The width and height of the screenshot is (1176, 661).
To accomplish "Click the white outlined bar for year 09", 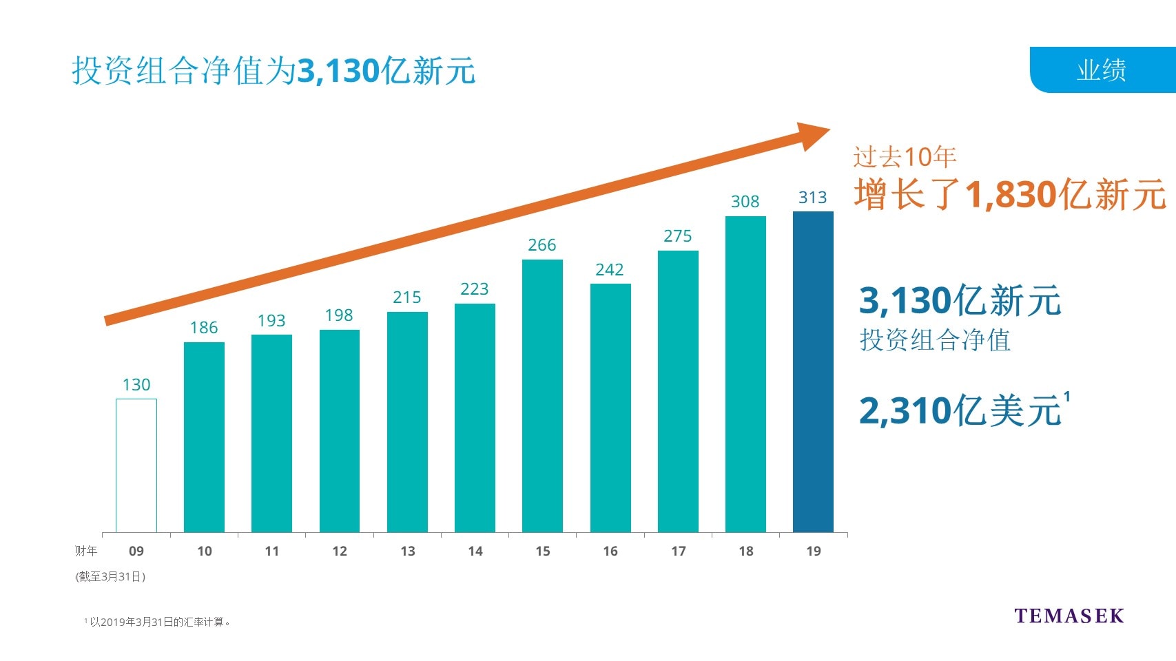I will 136,465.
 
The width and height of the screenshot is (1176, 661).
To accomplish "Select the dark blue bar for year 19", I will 813,372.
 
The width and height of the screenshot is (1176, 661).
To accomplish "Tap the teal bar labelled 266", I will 542,396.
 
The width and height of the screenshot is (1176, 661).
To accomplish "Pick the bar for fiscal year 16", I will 610,408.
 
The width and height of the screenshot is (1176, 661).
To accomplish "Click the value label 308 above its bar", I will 745,202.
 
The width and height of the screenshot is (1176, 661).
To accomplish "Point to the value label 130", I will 136,385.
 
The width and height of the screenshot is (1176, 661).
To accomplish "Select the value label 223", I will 475,289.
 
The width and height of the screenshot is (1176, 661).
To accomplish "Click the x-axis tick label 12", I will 340,552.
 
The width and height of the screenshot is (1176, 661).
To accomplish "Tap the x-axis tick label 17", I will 679,552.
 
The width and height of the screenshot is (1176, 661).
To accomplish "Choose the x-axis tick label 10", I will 205,552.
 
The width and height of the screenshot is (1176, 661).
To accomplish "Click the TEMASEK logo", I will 1069,616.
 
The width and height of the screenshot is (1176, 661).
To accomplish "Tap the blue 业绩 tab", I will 1102,70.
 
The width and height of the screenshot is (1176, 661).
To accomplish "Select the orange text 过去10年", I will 905,158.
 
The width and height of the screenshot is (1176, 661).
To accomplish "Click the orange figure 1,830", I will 1011,195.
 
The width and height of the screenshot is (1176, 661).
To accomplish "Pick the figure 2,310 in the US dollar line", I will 905,412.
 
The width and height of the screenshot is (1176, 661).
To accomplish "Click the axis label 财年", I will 86,552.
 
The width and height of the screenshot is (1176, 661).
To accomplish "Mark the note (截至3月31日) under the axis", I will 110,577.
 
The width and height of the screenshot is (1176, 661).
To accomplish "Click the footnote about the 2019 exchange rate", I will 158,622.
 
